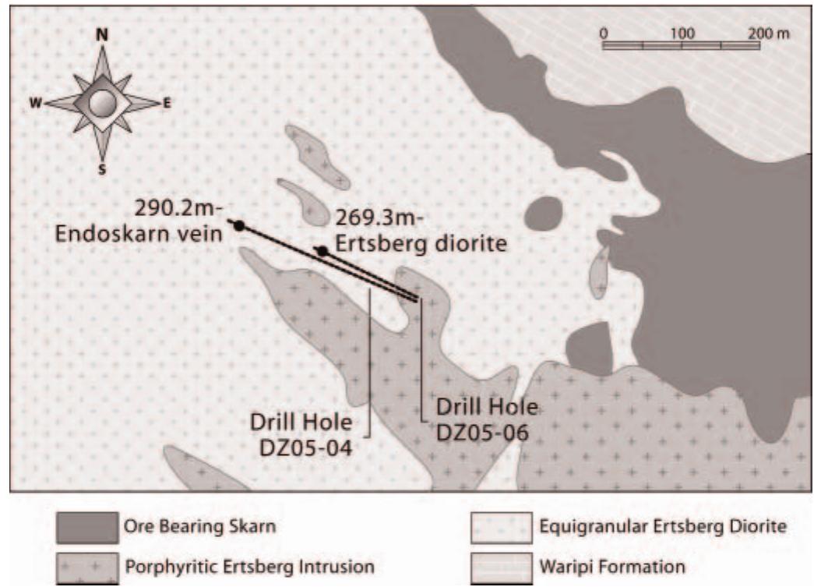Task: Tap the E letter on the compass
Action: click(x=167, y=102)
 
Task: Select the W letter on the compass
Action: click(x=36, y=103)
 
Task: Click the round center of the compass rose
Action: click(x=101, y=102)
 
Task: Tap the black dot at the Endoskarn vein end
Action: click(x=239, y=225)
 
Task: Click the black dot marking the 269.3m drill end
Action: click(x=322, y=250)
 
